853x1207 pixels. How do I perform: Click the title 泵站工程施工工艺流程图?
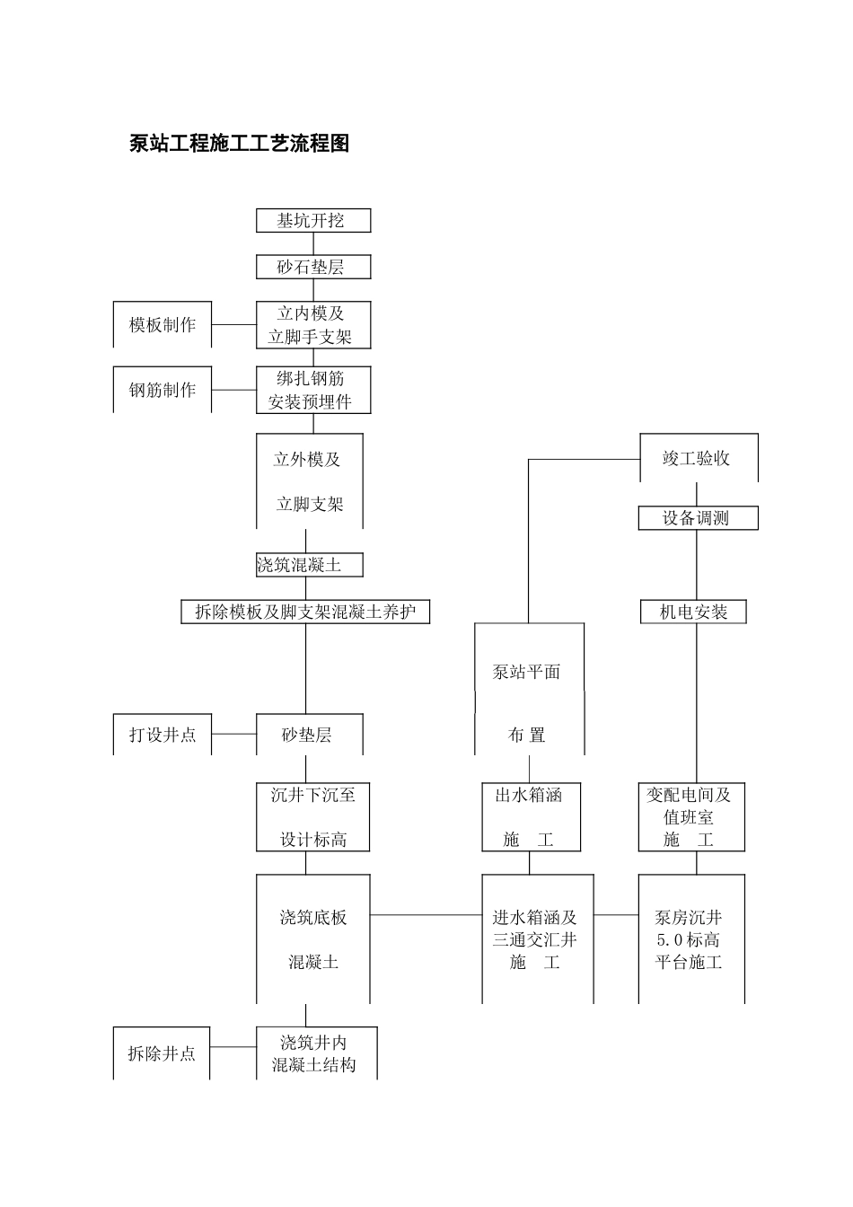[239, 144]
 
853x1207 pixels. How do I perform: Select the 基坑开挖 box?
[312, 221]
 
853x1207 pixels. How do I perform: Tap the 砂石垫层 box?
[312, 267]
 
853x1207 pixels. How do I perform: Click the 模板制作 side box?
[163, 325]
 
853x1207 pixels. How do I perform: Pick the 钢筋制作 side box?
[163, 390]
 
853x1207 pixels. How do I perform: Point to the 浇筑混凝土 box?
[309, 565]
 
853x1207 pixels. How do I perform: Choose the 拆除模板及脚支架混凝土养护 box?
[305, 612]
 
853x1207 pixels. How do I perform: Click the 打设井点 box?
[163, 735]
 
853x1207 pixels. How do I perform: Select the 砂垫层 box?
[309, 735]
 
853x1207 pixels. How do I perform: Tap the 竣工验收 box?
[698, 458]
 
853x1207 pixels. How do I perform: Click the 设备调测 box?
[698, 518]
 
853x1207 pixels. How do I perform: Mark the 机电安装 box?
[693, 612]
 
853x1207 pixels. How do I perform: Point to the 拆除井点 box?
[163, 1053]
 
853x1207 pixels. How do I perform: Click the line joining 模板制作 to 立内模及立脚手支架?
[234, 325]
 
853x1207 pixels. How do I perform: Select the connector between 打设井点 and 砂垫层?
[234, 735]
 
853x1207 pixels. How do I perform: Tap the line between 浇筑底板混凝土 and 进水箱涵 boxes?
[426, 915]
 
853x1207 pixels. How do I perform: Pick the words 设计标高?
[313, 840]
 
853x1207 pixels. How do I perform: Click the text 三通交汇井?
[535, 940]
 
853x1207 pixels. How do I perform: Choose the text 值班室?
[689, 817]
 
